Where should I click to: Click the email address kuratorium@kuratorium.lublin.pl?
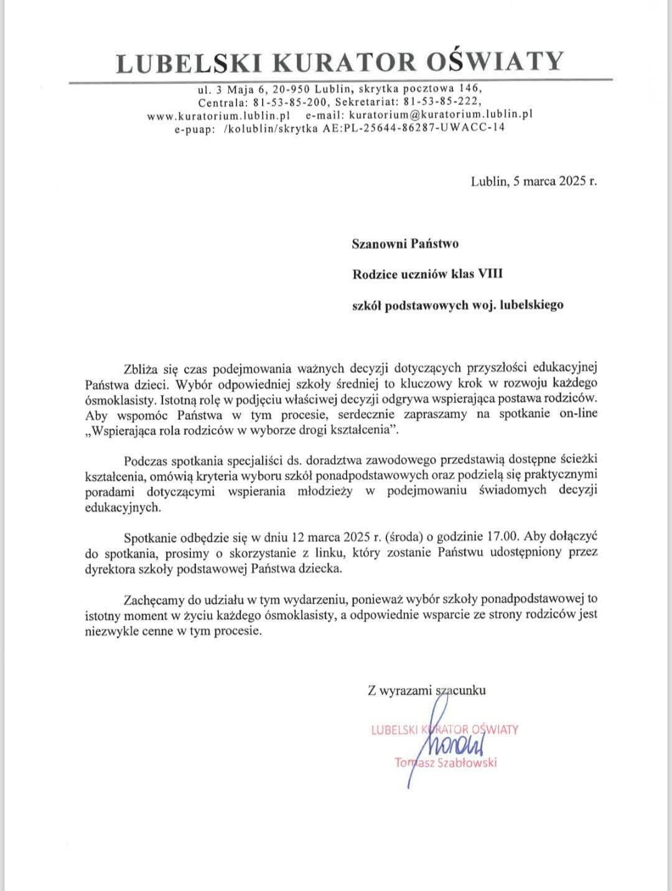pos(440,115)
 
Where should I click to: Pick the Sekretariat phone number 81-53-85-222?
pos(442,101)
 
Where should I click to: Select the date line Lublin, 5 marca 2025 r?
pos(534,182)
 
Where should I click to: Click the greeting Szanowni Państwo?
pos(405,243)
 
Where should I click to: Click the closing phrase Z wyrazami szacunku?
pos(427,690)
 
